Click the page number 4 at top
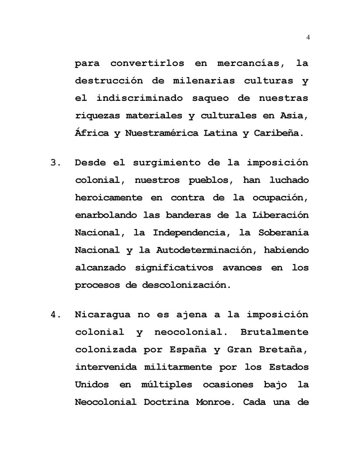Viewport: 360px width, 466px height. (x=308, y=37)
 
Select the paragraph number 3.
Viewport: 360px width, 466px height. (x=56, y=163)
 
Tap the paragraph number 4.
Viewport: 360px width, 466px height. (x=56, y=315)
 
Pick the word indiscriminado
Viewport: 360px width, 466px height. (x=140, y=98)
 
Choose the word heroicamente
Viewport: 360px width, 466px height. (x=109, y=198)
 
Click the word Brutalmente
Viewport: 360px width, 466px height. (x=274, y=332)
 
